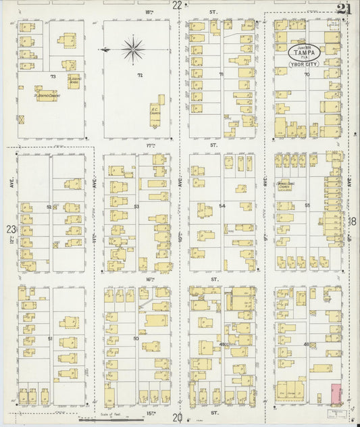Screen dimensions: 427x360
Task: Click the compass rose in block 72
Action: tap(133, 49)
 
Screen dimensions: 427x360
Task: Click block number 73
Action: tap(52, 76)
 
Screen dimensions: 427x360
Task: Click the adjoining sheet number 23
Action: tap(10, 229)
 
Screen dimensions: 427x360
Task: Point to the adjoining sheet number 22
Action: tap(177, 5)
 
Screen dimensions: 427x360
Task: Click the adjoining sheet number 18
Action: tap(353, 221)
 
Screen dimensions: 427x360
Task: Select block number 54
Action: tap(221, 205)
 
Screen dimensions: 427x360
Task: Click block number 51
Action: tap(50, 338)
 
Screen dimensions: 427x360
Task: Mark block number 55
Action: tap(307, 205)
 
